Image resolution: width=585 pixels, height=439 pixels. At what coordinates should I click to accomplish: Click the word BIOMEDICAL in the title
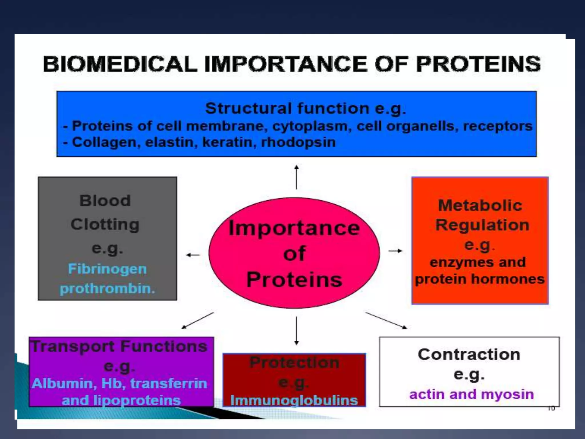[120, 64]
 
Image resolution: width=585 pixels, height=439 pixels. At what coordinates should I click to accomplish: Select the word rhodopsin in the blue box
[298, 142]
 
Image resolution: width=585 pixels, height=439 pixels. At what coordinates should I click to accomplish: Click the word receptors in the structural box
[498, 126]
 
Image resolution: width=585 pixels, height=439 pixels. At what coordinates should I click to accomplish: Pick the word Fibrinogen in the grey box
[107, 269]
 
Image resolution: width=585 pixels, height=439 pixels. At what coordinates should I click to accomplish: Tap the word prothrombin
[107, 289]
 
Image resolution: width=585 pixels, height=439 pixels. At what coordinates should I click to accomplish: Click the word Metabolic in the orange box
[480, 205]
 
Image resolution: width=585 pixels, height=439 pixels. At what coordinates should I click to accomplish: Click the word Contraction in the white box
[469, 355]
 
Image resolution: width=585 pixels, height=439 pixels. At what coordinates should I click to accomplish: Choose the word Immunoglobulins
[294, 400]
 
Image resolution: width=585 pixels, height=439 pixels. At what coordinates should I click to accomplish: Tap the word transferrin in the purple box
[169, 384]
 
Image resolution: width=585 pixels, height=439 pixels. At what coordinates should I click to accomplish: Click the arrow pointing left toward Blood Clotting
[193, 255]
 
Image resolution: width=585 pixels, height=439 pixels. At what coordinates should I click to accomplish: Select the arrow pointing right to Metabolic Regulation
[395, 251]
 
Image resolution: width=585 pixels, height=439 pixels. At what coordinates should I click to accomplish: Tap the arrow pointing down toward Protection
[296, 330]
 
